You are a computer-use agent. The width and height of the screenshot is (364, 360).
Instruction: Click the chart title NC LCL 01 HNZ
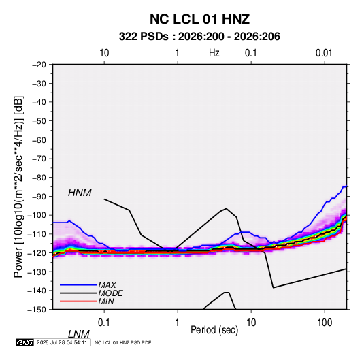[x=199, y=19]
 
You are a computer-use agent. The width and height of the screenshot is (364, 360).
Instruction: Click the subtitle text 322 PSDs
[x=144, y=37]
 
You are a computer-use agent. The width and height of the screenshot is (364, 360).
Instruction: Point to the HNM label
[x=80, y=193]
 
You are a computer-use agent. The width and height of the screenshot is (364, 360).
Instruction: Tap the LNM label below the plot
[x=79, y=334]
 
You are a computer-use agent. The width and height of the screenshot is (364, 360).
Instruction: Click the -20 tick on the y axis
[x=39, y=65]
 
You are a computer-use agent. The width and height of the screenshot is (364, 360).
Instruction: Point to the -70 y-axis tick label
[x=39, y=159]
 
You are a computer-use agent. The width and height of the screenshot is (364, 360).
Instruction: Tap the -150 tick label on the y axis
[x=37, y=310]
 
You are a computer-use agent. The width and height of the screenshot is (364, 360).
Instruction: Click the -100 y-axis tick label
[x=37, y=215]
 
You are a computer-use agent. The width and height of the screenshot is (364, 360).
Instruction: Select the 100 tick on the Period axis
[x=325, y=323]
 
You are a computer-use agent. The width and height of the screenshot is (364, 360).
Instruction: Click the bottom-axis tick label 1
[x=178, y=323]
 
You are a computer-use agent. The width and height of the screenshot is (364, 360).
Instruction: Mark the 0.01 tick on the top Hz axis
[x=324, y=53]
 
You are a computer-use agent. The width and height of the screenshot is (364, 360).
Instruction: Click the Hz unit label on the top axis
[x=214, y=53]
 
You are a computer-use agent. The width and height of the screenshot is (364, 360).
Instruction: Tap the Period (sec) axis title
[x=214, y=330]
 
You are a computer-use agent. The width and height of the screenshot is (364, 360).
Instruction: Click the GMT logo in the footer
[x=25, y=342]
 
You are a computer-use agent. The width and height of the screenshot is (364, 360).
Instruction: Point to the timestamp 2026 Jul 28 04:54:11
[x=62, y=342]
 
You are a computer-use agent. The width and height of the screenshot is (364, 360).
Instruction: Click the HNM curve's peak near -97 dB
[x=226, y=208]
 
